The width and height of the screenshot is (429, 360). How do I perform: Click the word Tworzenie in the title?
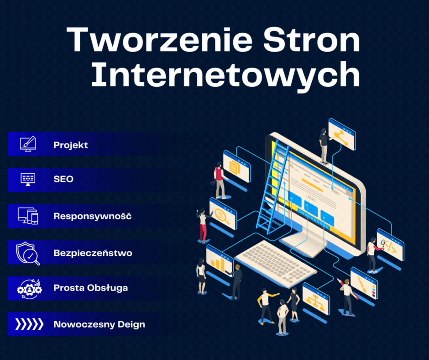click(159, 40)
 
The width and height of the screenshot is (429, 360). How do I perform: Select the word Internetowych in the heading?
click(225, 74)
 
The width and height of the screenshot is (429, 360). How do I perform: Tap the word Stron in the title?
click(312, 40)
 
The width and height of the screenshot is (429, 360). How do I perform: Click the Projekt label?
click(71, 145)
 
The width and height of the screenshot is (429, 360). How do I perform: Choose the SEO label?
click(63, 179)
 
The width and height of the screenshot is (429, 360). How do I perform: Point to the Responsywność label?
click(93, 216)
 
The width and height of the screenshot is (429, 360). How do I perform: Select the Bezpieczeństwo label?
click(93, 253)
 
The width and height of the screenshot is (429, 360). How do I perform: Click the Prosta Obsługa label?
click(90, 288)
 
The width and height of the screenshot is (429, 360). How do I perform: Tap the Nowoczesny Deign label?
click(99, 324)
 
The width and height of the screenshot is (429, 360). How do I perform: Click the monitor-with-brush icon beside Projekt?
click(28, 144)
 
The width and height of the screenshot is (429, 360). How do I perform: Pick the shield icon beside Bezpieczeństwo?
click(28, 253)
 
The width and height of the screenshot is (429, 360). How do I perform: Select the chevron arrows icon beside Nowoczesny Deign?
click(29, 324)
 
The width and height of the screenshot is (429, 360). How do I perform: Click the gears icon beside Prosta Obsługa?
click(29, 289)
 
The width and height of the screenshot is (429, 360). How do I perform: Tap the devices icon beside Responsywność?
click(28, 216)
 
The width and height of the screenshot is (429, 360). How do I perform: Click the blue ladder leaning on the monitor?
click(272, 187)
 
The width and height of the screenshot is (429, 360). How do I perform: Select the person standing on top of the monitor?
click(324, 146)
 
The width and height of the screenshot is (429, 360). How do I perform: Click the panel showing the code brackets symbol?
click(390, 245)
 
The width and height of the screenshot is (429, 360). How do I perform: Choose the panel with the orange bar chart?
click(220, 261)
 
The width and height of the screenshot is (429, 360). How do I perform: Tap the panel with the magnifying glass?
click(223, 213)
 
